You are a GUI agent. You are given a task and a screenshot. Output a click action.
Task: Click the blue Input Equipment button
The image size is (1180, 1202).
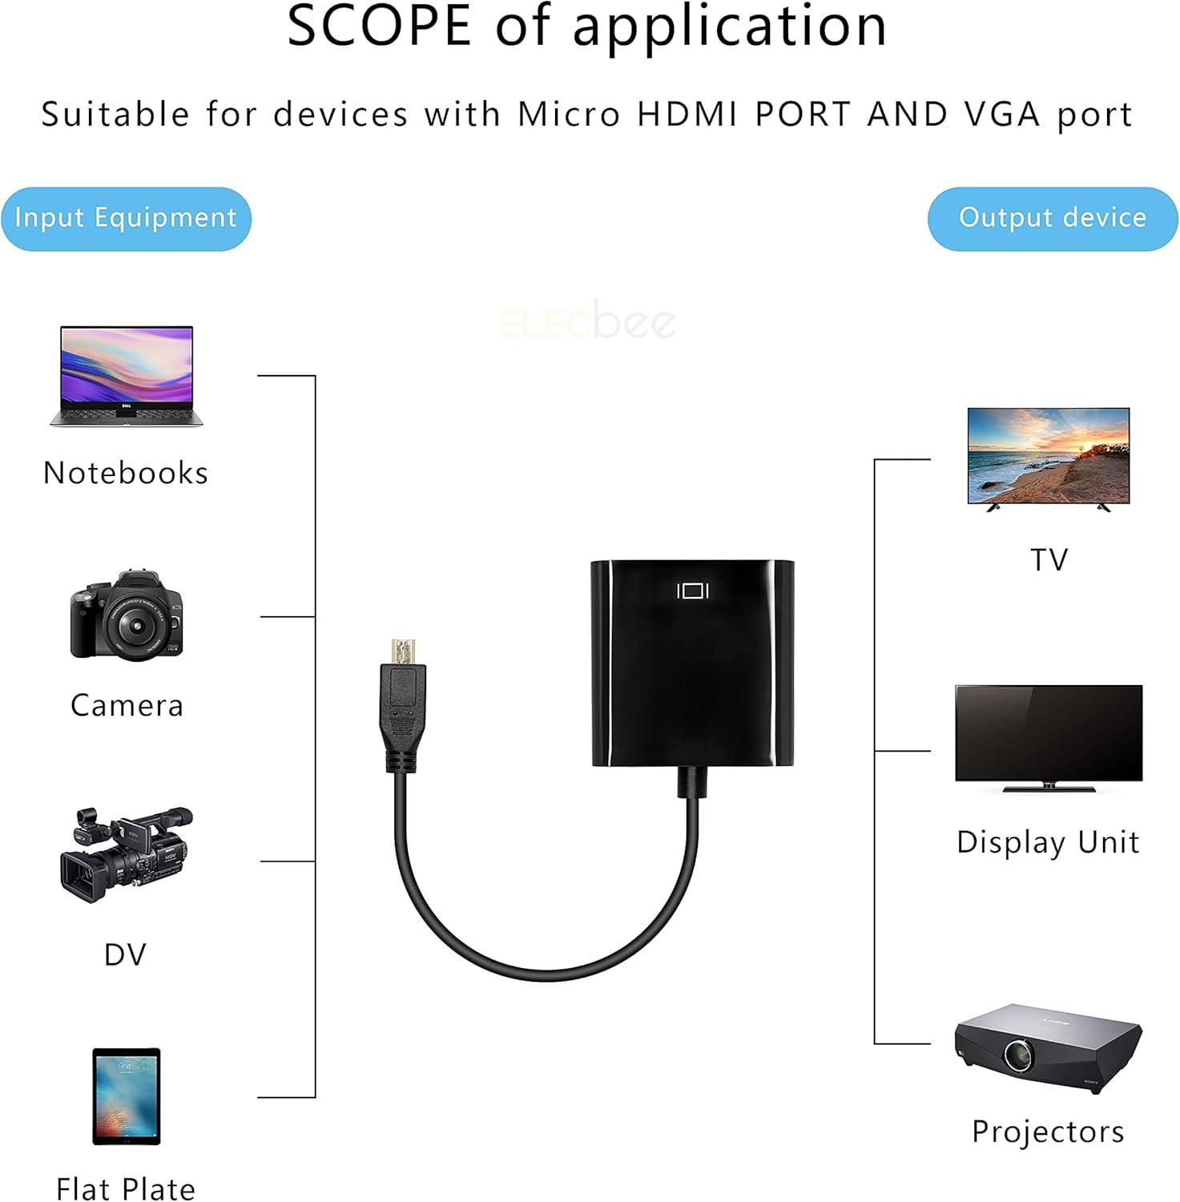point(126,219)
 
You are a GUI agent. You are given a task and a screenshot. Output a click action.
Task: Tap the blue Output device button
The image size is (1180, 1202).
point(1053,219)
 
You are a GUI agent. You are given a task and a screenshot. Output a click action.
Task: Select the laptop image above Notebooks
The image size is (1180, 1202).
point(127,376)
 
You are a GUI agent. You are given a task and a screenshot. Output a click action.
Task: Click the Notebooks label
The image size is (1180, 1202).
point(126,473)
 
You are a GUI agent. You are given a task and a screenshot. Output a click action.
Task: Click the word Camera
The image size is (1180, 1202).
point(127,705)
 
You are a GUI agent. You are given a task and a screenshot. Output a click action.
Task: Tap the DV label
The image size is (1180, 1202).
point(126,954)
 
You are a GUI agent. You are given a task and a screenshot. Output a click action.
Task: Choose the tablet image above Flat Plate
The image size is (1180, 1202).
point(127,1097)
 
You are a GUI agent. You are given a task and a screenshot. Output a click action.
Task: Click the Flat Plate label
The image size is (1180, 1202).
point(126,1188)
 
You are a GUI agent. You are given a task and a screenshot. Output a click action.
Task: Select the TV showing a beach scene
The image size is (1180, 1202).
point(1049,458)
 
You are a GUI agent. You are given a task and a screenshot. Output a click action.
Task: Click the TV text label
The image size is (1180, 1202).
point(1049,559)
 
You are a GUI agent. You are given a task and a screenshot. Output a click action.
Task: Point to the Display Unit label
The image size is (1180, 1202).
point(1048,843)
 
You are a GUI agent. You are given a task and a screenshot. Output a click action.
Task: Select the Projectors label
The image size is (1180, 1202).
point(1048,1131)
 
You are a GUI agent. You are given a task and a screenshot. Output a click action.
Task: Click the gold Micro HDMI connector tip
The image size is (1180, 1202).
point(402,651)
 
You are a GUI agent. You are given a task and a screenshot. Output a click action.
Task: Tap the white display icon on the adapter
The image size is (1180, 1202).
point(693,591)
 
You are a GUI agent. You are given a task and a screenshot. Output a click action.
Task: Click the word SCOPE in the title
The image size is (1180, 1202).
point(379,26)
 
